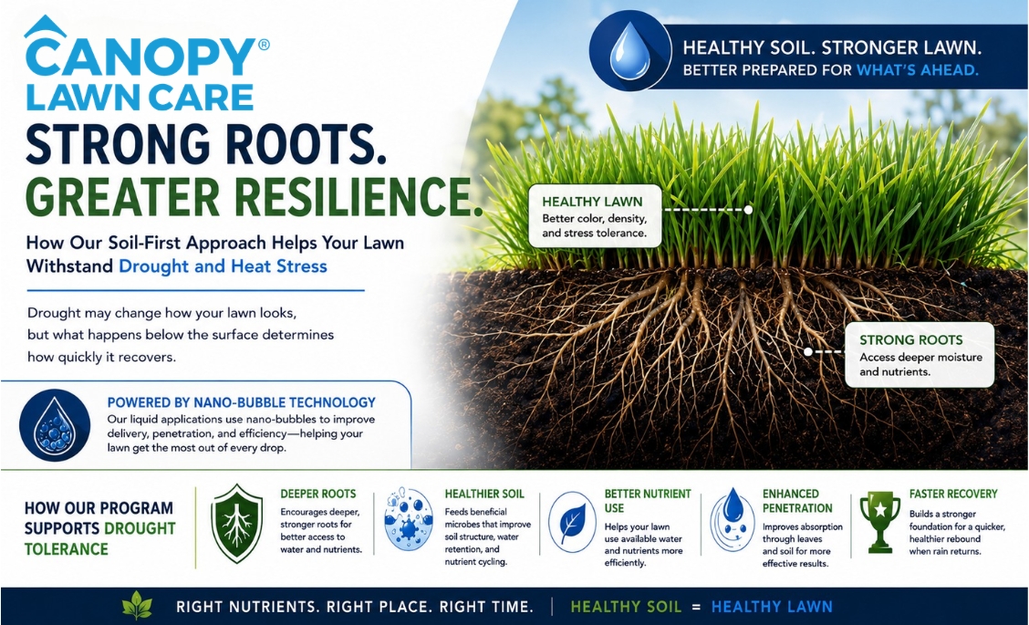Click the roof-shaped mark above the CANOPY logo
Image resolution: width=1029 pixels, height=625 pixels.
[45, 26]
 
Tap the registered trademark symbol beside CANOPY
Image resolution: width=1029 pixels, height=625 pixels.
[264, 45]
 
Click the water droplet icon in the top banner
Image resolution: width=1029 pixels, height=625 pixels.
[630, 51]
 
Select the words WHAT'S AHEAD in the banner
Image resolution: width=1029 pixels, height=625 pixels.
[917, 69]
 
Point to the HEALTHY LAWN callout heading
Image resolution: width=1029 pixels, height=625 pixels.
[592, 202]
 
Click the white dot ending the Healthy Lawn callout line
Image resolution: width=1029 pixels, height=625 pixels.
[747, 210]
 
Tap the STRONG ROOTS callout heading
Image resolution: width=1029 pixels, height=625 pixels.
[911, 340]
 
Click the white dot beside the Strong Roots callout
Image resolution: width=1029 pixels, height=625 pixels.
[808, 352]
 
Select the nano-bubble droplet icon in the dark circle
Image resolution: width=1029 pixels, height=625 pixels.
[55, 427]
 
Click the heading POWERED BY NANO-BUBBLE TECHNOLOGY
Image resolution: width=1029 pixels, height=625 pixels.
[242, 402]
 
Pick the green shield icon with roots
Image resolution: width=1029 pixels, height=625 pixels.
[236, 523]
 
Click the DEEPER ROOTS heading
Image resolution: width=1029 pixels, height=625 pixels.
[318, 494]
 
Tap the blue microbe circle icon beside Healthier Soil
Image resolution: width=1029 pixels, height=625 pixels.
[408, 519]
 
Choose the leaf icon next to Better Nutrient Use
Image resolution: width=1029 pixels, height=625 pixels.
[572, 522]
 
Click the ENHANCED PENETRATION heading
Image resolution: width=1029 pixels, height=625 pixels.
[797, 501]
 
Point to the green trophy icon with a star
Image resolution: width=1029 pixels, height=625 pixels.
[880, 522]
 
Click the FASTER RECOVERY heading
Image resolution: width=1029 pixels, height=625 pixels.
[953, 494]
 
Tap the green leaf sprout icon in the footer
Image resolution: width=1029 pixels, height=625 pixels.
[137, 605]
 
